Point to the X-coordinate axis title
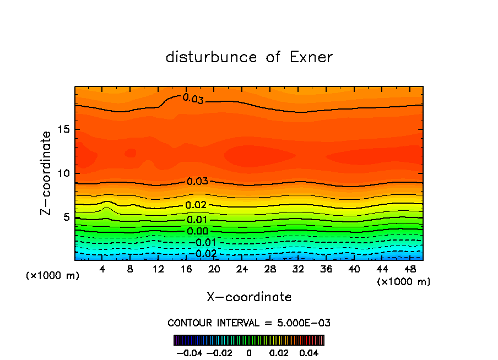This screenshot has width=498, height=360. (x=249, y=297)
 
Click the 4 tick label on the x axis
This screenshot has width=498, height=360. (x=102, y=270)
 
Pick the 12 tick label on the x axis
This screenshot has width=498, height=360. (x=158, y=270)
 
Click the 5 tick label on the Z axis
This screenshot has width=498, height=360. (x=64, y=217)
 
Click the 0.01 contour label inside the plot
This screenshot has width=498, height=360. (x=197, y=220)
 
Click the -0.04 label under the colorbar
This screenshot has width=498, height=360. (x=189, y=352)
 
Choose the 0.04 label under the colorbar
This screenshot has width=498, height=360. (x=308, y=352)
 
